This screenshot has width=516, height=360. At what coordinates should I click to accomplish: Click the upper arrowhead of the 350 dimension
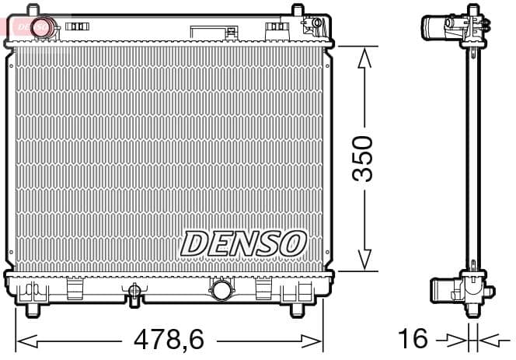pyautogui.click(x=363, y=56)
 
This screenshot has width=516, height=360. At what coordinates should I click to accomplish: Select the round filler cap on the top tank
pyautogui.click(x=43, y=26)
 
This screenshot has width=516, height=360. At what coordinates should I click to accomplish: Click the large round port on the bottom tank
pyautogui.click(x=221, y=291)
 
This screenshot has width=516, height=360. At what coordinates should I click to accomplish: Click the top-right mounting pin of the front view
pyautogui.click(x=296, y=11)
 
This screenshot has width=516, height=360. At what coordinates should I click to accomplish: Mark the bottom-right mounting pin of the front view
pyautogui.click(x=296, y=310)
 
